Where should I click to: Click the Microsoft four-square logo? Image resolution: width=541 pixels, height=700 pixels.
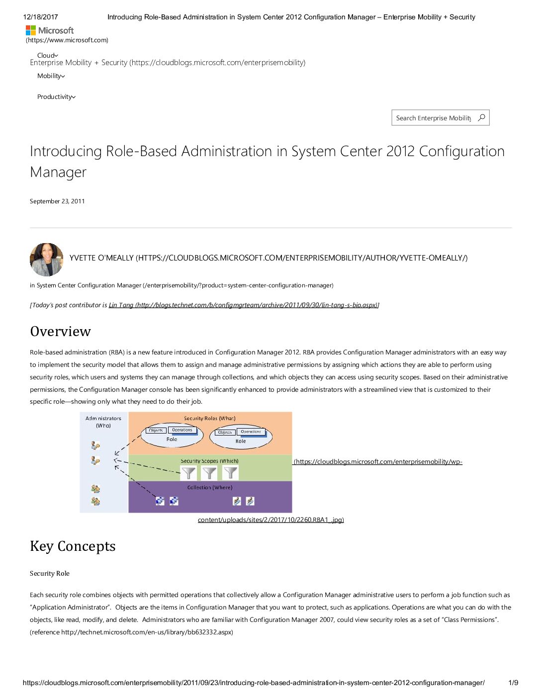click(31, 30)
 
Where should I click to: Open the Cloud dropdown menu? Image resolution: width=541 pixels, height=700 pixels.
click(47, 55)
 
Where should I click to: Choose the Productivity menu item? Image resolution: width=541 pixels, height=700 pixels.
click(56, 97)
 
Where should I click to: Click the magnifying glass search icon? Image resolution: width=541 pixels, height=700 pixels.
click(481, 118)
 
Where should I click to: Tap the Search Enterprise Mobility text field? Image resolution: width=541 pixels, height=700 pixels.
click(433, 118)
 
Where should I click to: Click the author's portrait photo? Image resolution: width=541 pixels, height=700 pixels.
click(47, 260)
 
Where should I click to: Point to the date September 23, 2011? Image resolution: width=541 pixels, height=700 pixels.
click(57, 201)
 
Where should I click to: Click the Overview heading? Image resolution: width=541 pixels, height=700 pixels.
click(61, 332)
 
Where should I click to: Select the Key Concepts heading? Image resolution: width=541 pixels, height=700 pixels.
click(73, 546)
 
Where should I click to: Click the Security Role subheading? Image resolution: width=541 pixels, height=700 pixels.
click(50, 574)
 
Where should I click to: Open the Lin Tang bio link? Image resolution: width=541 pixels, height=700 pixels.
click(244, 305)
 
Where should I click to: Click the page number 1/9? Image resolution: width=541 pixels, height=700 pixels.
click(513, 683)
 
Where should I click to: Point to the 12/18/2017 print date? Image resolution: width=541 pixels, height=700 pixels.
click(40, 17)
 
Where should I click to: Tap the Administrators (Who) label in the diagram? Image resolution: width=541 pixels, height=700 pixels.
click(103, 422)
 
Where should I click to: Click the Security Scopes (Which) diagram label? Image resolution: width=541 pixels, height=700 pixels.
click(209, 461)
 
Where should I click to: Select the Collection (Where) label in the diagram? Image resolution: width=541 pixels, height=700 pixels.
click(209, 487)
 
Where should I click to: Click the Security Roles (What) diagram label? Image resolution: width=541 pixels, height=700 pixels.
click(209, 419)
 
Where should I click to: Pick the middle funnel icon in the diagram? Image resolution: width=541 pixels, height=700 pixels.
click(209, 473)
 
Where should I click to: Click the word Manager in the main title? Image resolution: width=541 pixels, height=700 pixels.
click(58, 172)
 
